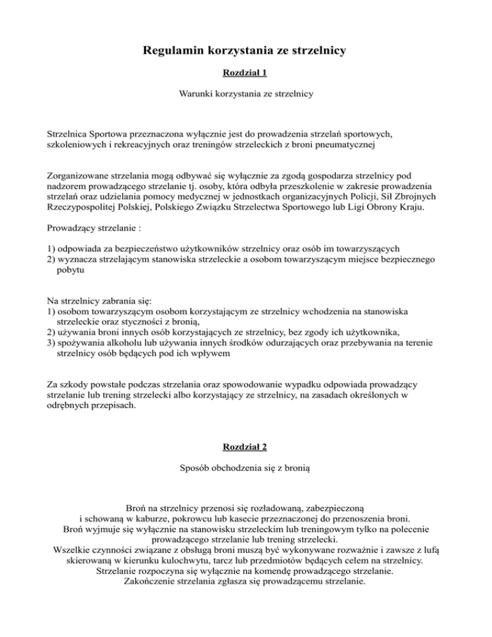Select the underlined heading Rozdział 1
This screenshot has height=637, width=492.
(x=245, y=74)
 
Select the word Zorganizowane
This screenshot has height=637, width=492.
(x=79, y=175)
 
